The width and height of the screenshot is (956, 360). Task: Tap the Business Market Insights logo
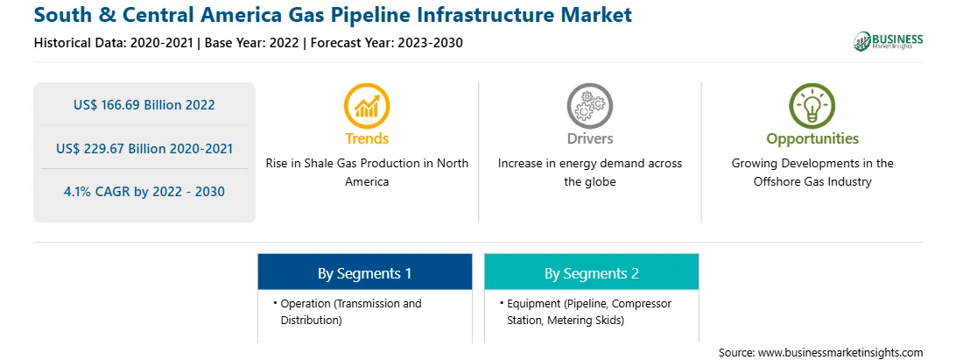click(889, 41)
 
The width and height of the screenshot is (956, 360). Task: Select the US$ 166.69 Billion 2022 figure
click(144, 105)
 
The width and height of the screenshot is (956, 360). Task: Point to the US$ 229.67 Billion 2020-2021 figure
click(144, 148)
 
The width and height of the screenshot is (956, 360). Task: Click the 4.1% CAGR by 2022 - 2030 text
click(144, 192)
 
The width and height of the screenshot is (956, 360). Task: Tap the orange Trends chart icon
click(367, 106)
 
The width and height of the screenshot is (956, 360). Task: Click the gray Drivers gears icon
click(589, 106)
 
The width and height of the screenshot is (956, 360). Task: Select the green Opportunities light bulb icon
click(812, 106)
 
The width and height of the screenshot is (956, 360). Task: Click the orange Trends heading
click(367, 138)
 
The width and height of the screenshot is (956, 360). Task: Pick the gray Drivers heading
click(589, 138)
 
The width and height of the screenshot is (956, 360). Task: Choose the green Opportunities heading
click(812, 139)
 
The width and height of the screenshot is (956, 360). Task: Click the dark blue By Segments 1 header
click(364, 272)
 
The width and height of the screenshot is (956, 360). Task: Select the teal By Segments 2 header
click(592, 272)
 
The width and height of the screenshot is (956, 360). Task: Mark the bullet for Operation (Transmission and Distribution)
click(276, 303)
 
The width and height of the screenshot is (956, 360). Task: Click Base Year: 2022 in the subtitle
click(252, 43)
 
